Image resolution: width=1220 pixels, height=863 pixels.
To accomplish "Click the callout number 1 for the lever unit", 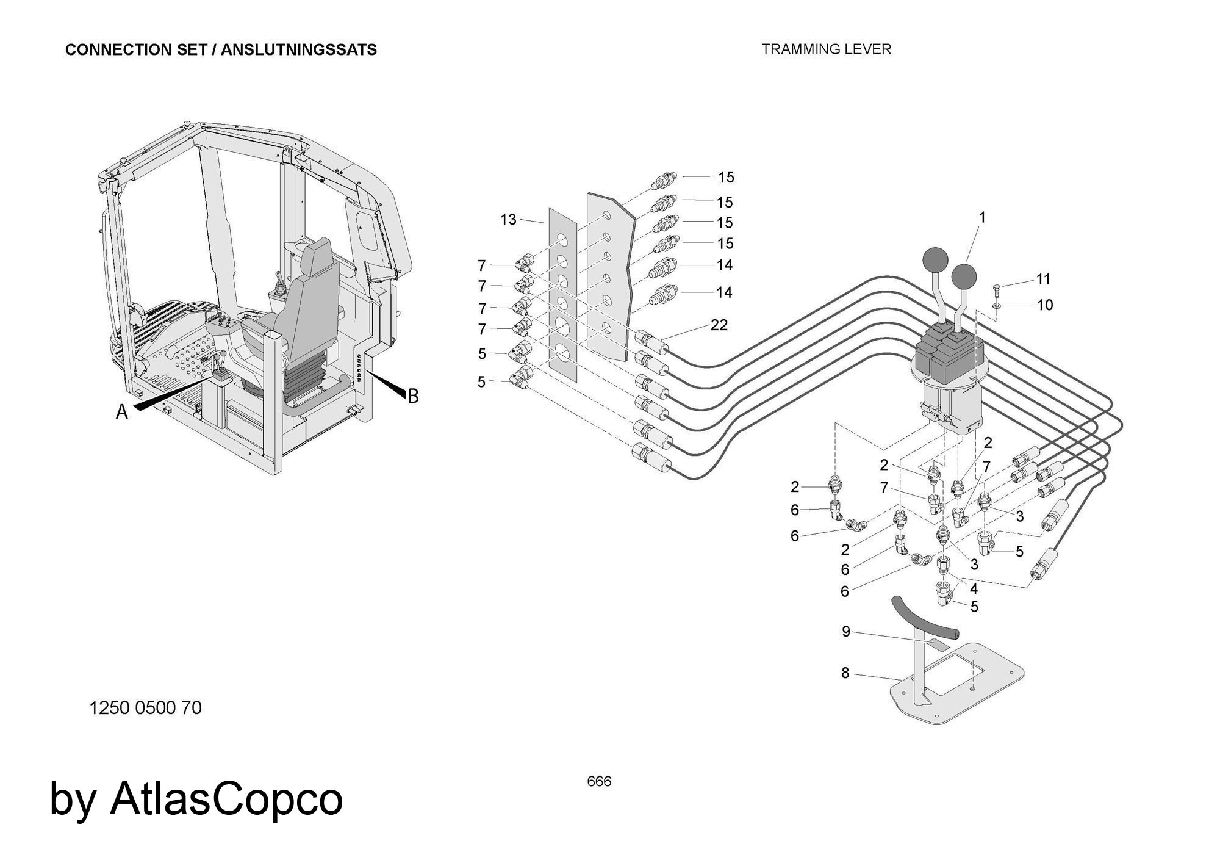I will click(x=982, y=217).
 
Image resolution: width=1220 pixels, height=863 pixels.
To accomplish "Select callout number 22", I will click(x=719, y=325).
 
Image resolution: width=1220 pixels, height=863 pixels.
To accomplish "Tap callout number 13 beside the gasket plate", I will click(x=508, y=220).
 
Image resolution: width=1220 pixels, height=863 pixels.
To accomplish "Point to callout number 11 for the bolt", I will click(x=1044, y=280).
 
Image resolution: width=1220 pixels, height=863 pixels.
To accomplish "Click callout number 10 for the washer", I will click(x=1045, y=305).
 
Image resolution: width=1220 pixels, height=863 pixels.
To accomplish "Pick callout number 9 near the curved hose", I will click(x=845, y=632).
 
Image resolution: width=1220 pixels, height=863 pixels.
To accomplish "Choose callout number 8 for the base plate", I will click(x=845, y=673).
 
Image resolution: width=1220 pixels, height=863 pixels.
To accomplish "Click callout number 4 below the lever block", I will click(x=974, y=589).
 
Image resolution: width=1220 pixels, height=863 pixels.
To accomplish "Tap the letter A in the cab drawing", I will click(x=122, y=413).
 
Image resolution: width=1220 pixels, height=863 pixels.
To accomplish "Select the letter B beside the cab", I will click(x=413, y=397).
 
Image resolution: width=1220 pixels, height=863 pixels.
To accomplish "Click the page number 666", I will click(x=599, y=782).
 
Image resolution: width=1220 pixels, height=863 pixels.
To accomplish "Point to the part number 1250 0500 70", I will click(x=145, y=708).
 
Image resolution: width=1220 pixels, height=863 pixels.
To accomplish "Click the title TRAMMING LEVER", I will click(x=826, y=49).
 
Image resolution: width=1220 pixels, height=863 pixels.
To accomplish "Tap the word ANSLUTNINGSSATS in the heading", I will click(x=299, y=50).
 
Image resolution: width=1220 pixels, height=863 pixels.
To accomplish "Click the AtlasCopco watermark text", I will click(x=226, y=799).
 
